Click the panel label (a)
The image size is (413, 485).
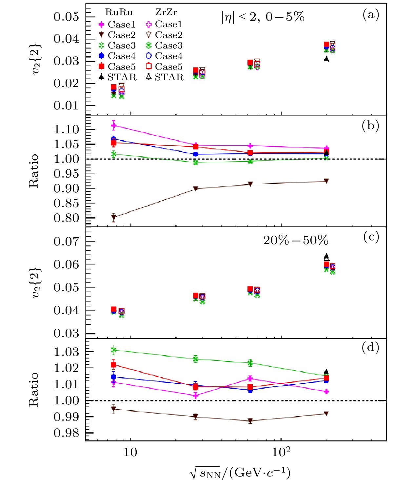371,15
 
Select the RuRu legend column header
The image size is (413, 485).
119,12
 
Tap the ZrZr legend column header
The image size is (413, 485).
166,12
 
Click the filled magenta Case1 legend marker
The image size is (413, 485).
102,25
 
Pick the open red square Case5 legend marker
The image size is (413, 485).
148,67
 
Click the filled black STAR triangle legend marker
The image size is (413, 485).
102,77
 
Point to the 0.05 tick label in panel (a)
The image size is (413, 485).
67,17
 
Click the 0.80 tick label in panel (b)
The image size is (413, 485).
67,218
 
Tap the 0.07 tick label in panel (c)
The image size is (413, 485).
67,242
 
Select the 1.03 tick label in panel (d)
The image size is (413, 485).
67,352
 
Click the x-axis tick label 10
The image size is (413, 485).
130,453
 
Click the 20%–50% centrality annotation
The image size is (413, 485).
296,241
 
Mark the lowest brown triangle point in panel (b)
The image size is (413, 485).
114,217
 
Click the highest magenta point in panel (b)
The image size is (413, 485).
114,125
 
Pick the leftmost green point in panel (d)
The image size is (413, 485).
114,350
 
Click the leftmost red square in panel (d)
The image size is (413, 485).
114,365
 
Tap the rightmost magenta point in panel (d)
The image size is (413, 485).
326,391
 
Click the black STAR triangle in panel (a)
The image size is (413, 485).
326,59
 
